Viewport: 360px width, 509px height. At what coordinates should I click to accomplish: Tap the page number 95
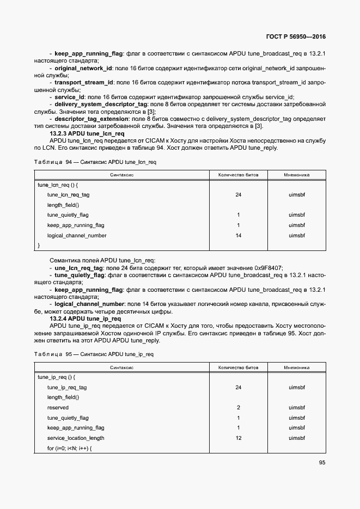322,463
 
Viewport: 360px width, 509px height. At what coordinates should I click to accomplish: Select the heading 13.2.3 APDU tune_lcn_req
87,133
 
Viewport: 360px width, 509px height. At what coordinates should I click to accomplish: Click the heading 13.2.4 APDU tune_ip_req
85,318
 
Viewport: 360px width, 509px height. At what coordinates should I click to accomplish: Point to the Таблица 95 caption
94,354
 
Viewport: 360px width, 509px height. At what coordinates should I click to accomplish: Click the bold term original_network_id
83,69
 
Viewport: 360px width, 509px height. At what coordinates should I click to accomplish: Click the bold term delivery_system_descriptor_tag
101,103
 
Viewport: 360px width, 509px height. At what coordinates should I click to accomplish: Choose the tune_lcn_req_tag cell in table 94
68,194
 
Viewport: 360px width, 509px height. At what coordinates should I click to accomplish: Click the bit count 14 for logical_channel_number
238,236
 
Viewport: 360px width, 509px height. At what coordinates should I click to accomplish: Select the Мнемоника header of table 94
296,175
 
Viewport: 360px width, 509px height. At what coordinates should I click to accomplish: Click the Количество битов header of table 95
238,367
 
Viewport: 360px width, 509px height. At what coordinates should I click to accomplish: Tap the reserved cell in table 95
58,407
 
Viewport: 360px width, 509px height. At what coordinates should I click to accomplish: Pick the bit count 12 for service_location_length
238,438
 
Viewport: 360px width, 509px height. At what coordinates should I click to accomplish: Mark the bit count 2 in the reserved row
238,407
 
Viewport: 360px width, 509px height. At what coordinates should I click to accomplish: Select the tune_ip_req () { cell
56,377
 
